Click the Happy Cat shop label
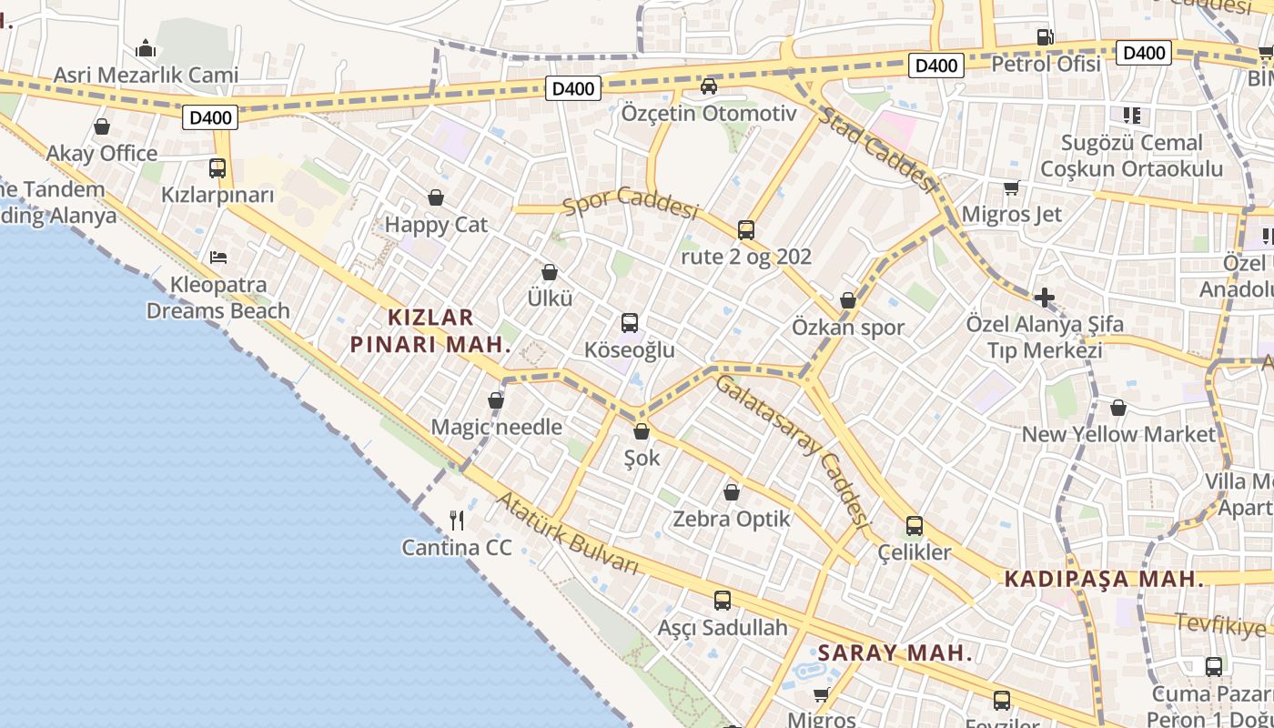pos(436,225)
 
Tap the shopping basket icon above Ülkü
pos(550,272)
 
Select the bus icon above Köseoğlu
pos(629,323)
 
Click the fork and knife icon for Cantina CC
pos(457,521)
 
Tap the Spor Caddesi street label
pos(630,203)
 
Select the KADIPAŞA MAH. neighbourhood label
pos(1104,579)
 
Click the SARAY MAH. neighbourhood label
pos(895,652)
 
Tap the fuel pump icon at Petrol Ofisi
pos(1046,37)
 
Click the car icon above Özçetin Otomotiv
pos(709,86)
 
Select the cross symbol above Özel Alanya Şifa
pos(1045,298)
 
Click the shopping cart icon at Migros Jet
pos(1011,188)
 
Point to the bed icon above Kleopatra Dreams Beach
pos(218,258)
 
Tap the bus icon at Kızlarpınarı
pos(217,168)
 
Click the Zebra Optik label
pos(732,520)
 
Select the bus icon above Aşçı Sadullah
pos(723,601)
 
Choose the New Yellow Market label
pos(1118,434)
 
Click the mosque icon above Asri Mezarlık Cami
pos(146,48)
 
